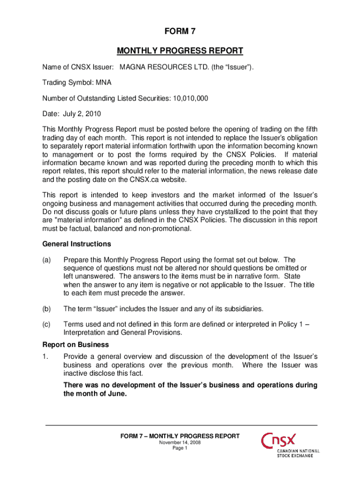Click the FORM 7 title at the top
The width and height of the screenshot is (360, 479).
pos(180,32)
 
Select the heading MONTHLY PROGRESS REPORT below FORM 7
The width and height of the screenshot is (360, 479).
pos(180,51)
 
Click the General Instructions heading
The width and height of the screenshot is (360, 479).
pos(70,244)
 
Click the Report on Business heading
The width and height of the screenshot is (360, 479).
pos(69,345)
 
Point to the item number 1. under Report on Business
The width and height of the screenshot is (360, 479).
pos(45,356)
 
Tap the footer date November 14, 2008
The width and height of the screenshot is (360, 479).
pos(180,443)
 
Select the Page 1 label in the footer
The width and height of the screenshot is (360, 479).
pos(180,448)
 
